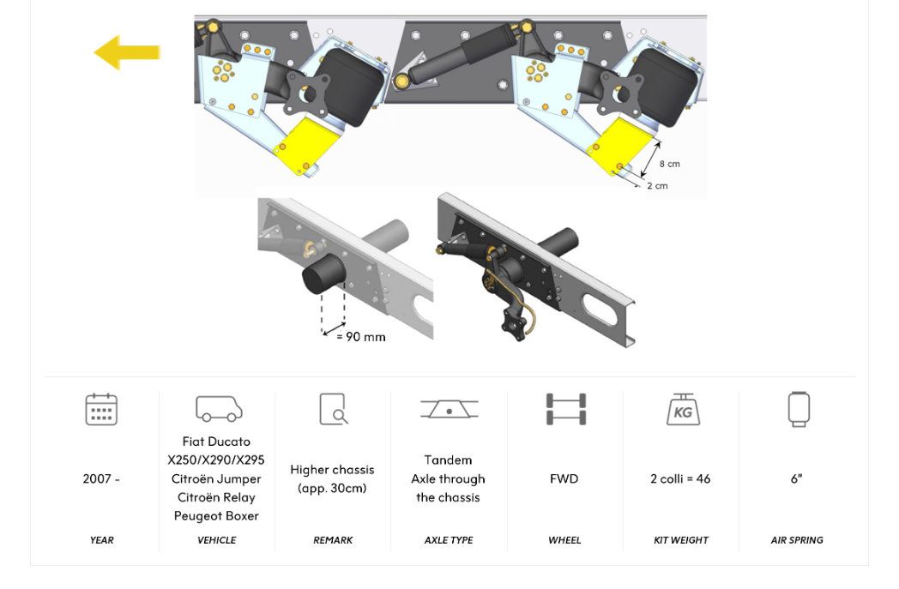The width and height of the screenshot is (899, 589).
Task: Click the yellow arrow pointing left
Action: [x=126, y=52]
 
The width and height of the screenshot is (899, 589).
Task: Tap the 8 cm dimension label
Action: [x=669, y=164]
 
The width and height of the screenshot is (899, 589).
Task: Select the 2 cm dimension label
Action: [x=656, y=185]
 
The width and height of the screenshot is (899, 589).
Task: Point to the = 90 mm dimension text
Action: [x=360, y=337]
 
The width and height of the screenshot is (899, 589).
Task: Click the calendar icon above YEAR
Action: [x=101, y=409]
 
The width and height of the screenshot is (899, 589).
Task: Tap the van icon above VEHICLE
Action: [x=219, y=409]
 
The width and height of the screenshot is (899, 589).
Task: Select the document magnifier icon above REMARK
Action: [x=333, y=409]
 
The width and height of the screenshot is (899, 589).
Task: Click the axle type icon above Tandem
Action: [x=449, y=409]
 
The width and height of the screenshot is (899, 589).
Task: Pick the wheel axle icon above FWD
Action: [x=566, y=409]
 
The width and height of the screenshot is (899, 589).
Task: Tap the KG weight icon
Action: [x=683, y=409]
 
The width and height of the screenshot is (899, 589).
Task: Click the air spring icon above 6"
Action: [x=799, y=409]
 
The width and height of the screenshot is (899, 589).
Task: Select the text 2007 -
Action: [x=101, y=478]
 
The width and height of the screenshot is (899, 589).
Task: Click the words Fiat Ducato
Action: [x=216, y=442]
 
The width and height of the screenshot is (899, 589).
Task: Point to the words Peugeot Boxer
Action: [x=216, y=515]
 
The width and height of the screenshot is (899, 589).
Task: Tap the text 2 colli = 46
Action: [x=680, y=478]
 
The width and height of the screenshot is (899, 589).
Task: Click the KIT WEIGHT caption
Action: [x=680, y=540]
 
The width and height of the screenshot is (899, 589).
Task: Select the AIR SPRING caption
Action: [x=796, y=540]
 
